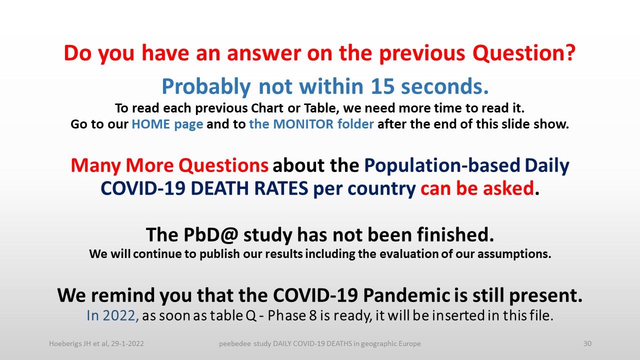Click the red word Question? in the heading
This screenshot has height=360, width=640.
click(x=523, y=53)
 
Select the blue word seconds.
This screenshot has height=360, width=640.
click(x=444, y=86)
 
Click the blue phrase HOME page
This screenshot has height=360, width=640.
click(x=167, y=124)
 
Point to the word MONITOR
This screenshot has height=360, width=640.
click(x=303, y=124)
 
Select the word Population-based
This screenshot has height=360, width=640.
click(x=442, y=166)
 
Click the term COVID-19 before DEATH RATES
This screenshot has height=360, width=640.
click(x=143, y=188)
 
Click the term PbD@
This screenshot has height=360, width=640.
click(x=210, y=235)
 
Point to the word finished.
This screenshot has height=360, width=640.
click(x=455, y=235)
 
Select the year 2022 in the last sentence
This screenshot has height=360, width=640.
click(x=120, y=316)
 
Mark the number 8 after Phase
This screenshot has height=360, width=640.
click(x=313, y=316)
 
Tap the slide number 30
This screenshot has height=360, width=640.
click(x=587, y=343)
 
